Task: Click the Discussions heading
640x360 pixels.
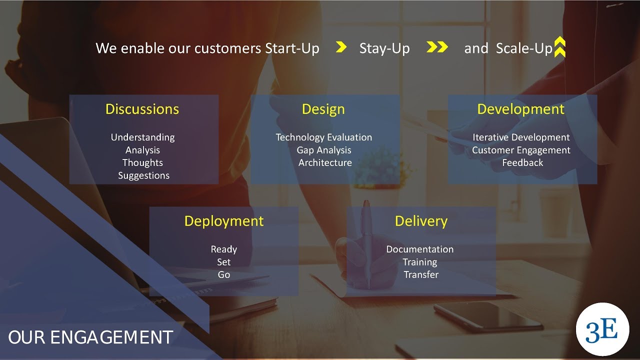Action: coord(142,109)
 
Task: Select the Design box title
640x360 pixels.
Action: coord(323,109)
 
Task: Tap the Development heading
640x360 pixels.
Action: coord(520,109)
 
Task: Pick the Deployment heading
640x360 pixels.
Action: coord(223,221)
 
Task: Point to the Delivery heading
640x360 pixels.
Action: coord(421,221)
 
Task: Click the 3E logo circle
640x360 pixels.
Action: coord(602,329)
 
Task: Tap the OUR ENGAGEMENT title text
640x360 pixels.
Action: coord(90,337)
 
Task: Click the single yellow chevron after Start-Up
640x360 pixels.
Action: coord(341,47)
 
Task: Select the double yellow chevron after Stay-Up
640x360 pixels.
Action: coord(437,47)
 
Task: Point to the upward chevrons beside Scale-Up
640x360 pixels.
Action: coord(560,47)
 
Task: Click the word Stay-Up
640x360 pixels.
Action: coord(384,48)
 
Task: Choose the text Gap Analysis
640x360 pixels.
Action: coord(324,150)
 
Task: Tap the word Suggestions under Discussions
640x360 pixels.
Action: coord(143,175)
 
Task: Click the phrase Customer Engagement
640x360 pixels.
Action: coord(521,150)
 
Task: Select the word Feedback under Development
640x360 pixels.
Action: coord(522,162)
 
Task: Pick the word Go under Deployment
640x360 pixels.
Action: coord(223,274)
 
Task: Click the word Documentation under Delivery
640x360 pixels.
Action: coord(420,249)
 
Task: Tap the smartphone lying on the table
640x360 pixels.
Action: coord(488,317)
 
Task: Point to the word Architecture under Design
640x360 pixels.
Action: coord(325,162)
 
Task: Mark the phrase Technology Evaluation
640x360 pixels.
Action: coord(324,137)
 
